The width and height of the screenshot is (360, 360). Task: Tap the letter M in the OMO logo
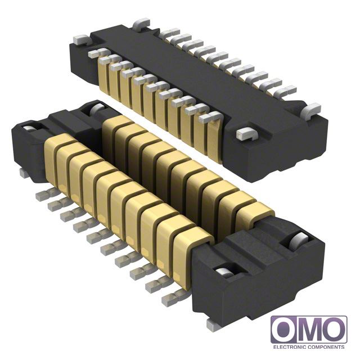(309, 330)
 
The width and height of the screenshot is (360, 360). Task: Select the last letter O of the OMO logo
(333, 330)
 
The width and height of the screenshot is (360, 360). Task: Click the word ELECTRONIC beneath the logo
(289, 347)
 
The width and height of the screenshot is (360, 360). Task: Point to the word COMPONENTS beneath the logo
(326, 347)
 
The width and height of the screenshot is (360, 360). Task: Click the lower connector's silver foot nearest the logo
(213, 325)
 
